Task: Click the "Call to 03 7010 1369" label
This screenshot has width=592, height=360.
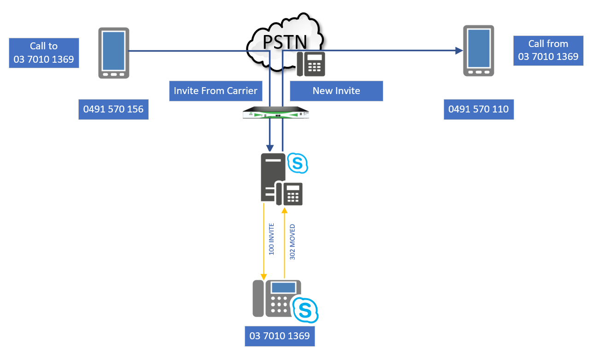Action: [44, 53]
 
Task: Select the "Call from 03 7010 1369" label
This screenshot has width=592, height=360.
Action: [548, 50]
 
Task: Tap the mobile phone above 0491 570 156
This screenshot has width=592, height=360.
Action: [114, 53]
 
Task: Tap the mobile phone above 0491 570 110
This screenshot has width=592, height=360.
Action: [479, 50]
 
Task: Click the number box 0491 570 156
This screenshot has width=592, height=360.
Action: [113, 109]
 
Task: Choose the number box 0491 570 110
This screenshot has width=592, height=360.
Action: [478, 109]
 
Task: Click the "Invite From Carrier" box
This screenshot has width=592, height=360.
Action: [215, 91]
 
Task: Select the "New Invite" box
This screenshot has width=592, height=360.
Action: [336, 91]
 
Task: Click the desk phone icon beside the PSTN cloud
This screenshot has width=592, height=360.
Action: [311, 64]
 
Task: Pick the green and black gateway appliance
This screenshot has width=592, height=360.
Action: [275, 113]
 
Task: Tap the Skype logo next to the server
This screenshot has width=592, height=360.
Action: [297, 163]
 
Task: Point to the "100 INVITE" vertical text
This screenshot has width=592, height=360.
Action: [271, 239]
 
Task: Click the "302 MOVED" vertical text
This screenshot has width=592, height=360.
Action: [292, 242]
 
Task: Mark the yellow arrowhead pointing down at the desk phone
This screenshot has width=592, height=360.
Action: [264, 276]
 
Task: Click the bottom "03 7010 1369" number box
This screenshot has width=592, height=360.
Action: [280, 336]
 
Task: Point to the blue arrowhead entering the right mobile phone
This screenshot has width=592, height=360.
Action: [458, 51]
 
